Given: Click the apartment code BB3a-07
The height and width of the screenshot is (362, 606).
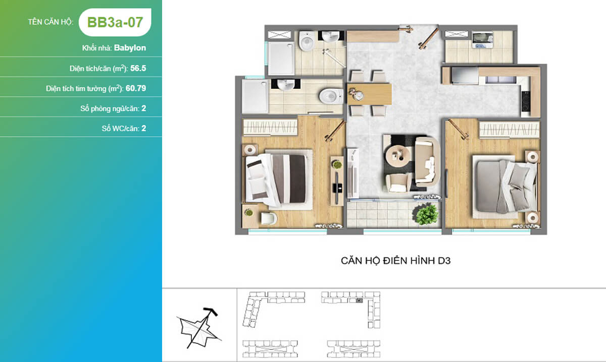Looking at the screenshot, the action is click(115, 22).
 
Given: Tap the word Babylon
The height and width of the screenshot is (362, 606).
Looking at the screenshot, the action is click(130, 48).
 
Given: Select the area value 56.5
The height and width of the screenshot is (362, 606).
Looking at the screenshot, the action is click(138, 68).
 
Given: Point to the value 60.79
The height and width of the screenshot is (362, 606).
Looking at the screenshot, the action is click(136, 88).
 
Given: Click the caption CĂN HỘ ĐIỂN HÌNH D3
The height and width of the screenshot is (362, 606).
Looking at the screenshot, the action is click(395, 261).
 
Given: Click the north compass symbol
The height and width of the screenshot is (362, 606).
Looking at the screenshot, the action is click(199, 328).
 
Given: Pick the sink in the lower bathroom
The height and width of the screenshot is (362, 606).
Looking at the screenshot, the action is click(285, 85).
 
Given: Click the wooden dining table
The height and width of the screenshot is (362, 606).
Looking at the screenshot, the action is click(369, 94).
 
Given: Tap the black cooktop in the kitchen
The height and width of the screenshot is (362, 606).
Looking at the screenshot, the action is click(525, 101).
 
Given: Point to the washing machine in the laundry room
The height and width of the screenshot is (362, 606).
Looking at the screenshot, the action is click(483, 40).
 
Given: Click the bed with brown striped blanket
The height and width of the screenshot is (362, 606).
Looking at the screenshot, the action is click(279, 179).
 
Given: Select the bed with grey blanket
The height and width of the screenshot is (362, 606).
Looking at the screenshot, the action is click(504, 187).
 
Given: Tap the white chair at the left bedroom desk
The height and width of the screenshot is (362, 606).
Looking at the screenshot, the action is click(268, 218).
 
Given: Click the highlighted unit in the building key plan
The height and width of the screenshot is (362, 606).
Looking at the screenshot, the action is click(359, 300).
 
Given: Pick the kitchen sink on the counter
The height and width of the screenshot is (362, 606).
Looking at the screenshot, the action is click(500, 80).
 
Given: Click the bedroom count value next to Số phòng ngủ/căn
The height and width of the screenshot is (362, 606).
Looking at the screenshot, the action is click(143, 108).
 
